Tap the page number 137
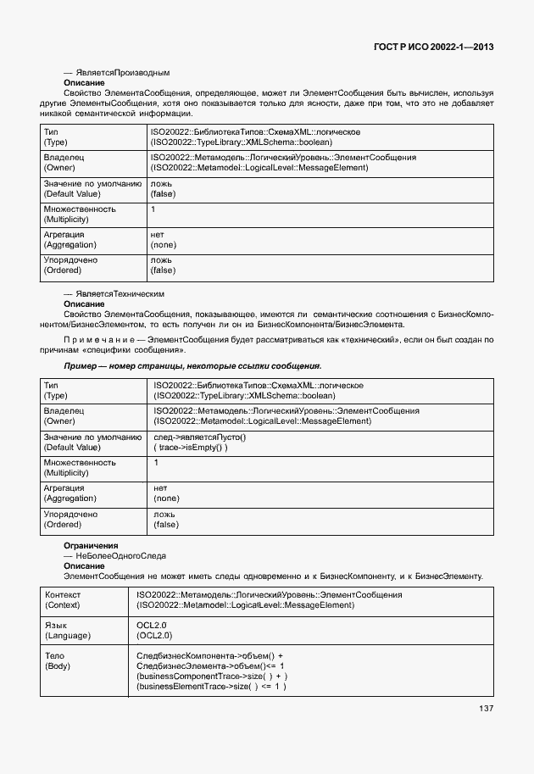pyautogui.click(x=486, y=709)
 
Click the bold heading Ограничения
pyautogui.click(x=91, y=544)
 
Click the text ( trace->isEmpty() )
pyautogui.click(x=191, y=447)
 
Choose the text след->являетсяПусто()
pyautogui.click(x=199, y=437)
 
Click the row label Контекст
pyautogui.click(x=63, y=595)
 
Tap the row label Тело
pyautogui.click(x=54, y=656)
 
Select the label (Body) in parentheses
pyautogui.click(x=58, y=666)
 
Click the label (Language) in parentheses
pyautogui.click(x=67, y=635)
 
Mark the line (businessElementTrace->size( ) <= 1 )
pyautogui.click(x=211, y=687)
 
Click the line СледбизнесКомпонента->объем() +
pyautogui.click(x=209, y=656)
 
